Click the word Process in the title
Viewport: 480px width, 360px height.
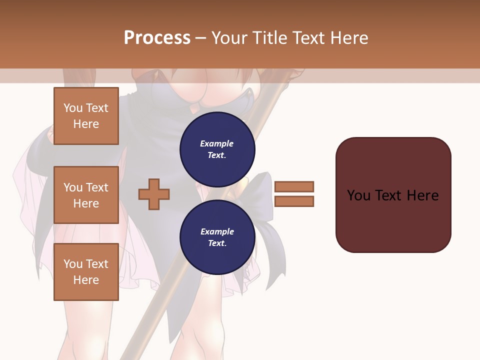157,37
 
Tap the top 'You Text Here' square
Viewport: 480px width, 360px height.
86,116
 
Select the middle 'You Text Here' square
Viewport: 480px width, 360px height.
86,195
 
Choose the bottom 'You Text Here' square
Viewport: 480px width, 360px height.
86,272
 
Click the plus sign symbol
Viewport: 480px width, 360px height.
154,194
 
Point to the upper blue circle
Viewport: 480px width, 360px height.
217,149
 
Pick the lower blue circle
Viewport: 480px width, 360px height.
217,237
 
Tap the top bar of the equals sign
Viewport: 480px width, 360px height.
294,186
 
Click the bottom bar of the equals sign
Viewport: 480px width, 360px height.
294,201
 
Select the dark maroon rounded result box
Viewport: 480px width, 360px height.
393,194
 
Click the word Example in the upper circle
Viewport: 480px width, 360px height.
217,143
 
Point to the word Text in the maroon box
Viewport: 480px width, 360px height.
388,195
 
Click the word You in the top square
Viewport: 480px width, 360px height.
73,108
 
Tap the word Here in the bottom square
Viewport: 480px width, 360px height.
86,280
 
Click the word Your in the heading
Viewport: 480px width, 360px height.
229,37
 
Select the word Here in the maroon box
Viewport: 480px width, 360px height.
422,195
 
